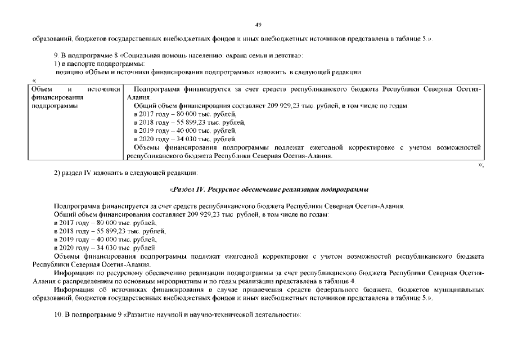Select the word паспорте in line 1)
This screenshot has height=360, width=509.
pyautogui.click(x=76, y=64)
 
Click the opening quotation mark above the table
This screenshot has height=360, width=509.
pyautogui.click(x=35, y=81)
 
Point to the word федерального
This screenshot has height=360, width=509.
pyautogui.click(x=351, y=289)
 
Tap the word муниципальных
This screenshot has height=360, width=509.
pyautogui.click(x=457, y=289)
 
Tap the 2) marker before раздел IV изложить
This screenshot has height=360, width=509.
pyautogui.click(x=57, y=172)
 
